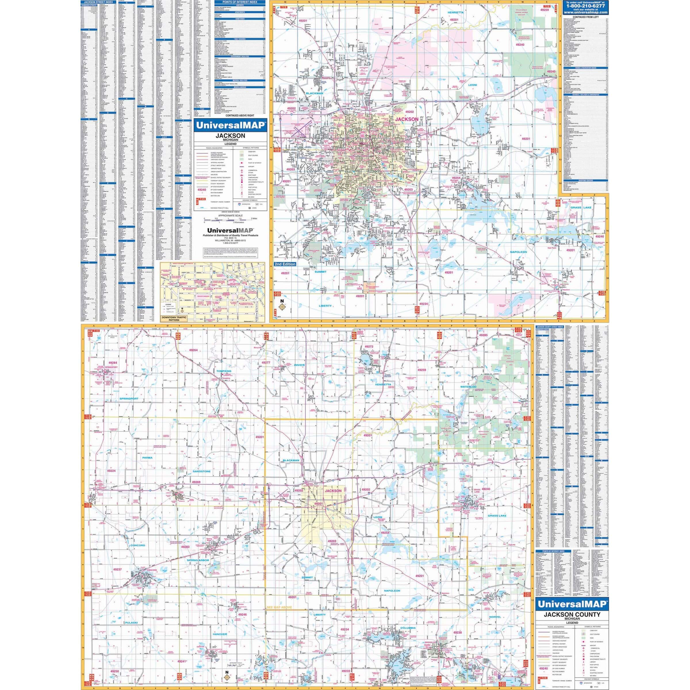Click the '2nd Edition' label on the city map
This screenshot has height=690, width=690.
(x=285, y=264)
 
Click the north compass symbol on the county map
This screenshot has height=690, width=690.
(x=227, y=676)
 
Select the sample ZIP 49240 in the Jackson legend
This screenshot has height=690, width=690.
(x=202, y=190)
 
